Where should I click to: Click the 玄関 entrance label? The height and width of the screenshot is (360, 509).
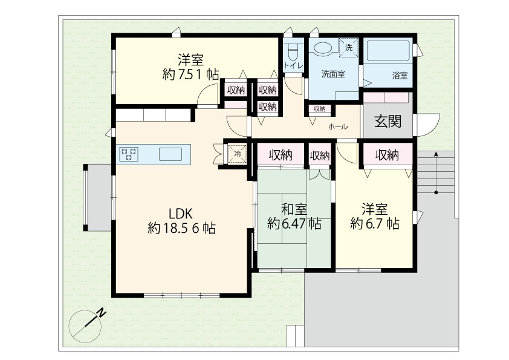[x=387, y=121]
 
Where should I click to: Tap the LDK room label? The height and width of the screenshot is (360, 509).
[x=181, y=214]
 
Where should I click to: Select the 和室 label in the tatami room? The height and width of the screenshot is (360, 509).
[x=294, y=209]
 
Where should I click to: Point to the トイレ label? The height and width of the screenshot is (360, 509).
[x=293, y=65]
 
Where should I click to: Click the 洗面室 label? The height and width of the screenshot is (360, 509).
[x=333, y=74]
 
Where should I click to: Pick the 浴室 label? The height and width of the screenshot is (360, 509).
[x=400, y=76]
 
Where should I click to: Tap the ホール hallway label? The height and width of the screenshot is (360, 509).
[x=338, y=126]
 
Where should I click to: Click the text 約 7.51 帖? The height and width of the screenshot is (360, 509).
[x=190, y=75]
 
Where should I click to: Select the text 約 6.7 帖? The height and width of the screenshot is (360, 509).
[x=375, y=224]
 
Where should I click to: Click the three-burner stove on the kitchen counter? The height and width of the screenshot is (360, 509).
[x=129, y=154]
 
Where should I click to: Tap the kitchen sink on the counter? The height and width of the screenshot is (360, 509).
[x=170, y=154]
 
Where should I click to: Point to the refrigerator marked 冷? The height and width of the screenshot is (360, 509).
[x=238, y=154]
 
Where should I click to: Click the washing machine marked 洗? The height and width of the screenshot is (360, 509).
[x=349, y=48]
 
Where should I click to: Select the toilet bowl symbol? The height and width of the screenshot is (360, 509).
[x=293, y=52]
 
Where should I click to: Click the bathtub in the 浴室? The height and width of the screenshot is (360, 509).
[x=388, y=51]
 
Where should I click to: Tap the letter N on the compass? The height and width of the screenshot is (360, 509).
[x=102, y=313]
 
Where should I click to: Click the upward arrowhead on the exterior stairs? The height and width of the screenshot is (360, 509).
[x=436, y=154]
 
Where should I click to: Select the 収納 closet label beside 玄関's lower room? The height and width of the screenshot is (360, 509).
[x=387, y=155]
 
